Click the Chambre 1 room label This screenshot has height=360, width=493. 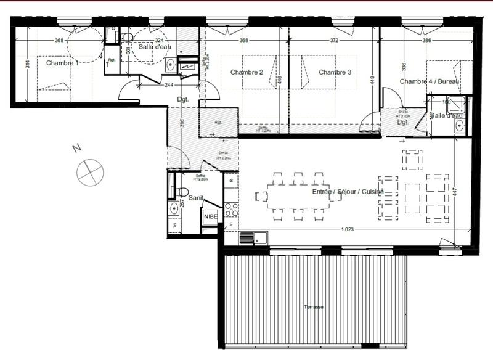click(62, 63)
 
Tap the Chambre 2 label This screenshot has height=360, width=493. click(246, 72)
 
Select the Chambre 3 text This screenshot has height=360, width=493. click(335, 72)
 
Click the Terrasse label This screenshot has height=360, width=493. click(314, 306)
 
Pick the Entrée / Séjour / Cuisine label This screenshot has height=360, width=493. click(348, 192)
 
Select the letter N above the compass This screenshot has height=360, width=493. click(76, 149)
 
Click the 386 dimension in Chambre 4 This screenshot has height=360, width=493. click(425, 41)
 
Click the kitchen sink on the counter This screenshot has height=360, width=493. click(253, 237)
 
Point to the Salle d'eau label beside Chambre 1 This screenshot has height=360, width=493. click(154, 47)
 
